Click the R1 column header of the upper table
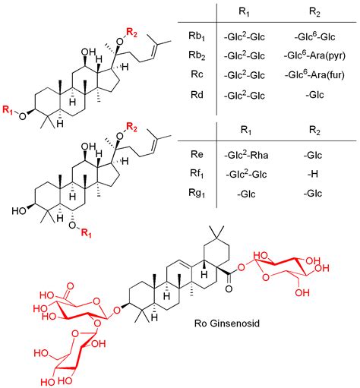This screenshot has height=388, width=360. tap(245, 13)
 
